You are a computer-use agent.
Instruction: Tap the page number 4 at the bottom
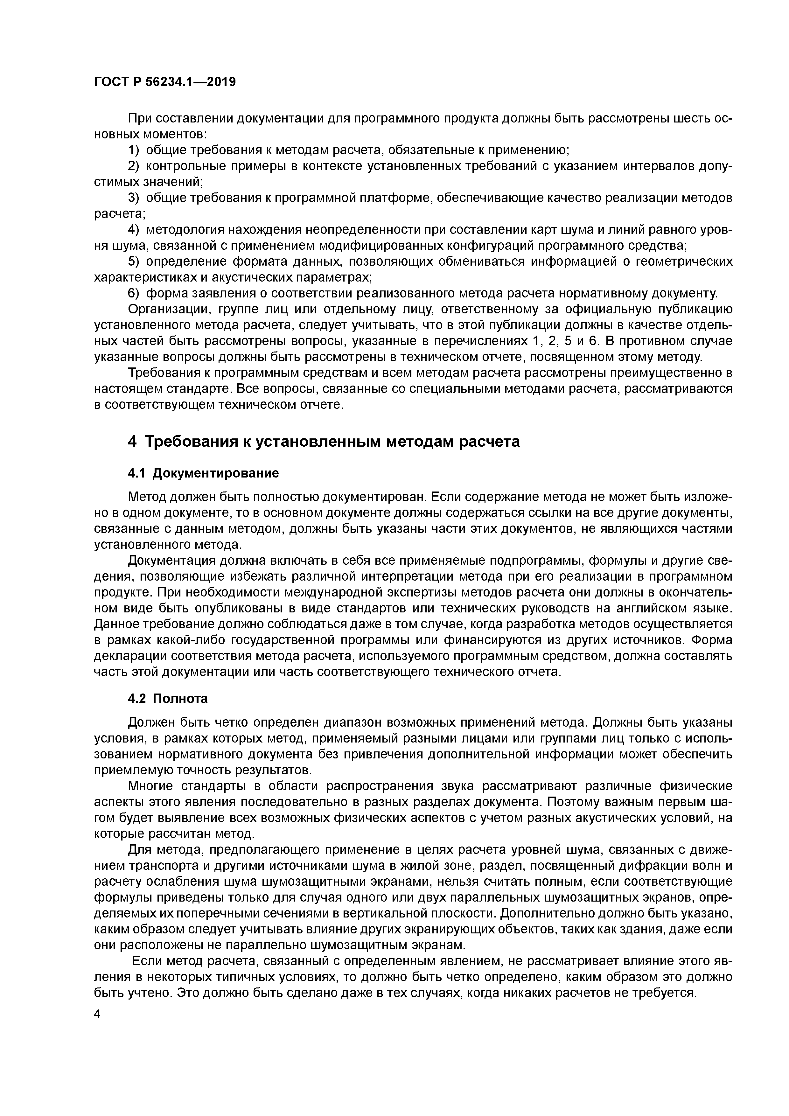point(97,1015)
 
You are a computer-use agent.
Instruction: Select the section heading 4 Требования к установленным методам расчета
point(324,441)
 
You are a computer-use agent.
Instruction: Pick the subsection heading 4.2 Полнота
point(168,699)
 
